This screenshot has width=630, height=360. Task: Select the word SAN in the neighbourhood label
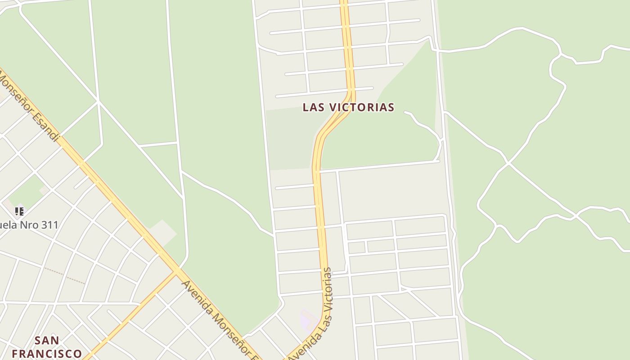tap(47, 340)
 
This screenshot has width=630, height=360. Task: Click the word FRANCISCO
tap(47, 353)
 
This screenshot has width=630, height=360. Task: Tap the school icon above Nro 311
tap(19, 211)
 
